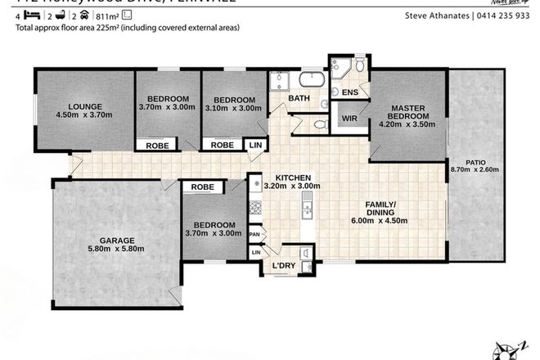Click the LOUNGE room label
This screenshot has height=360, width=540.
click(x=84, y=106)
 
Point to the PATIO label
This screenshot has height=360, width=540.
click(x=475, y=162)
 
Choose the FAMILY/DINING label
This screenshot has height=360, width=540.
click(x=380, y=209)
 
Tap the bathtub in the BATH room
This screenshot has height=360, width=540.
click(x=310, y=81)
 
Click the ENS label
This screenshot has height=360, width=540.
click(x=350, y=92)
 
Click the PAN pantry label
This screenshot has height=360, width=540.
click(x=255, y=234)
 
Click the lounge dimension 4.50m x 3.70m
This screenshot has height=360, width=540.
click(x=84, y=115)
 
